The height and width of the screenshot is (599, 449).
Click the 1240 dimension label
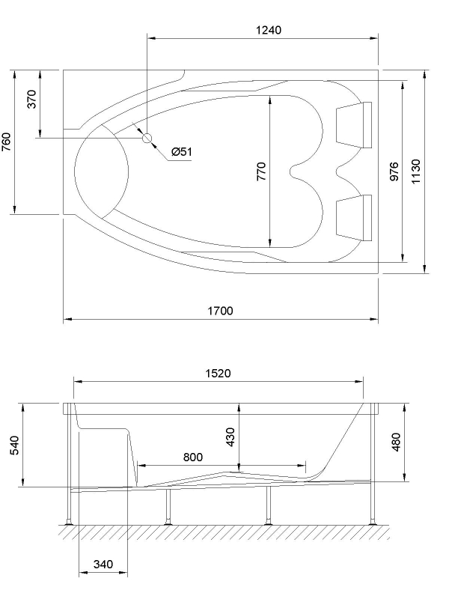(x=268, y=30)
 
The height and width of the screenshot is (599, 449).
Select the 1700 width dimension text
(x=220, y=311)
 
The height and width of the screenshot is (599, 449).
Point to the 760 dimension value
(x=7, y=142)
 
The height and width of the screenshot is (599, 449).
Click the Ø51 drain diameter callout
(x=182, y=152)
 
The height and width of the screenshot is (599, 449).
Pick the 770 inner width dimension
(x=261, y=171)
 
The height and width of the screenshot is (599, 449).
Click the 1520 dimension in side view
(x=218, y=372)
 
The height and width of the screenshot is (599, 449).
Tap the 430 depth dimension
(x=230, y=437)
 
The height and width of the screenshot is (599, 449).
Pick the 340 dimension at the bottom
(x=104, y=565)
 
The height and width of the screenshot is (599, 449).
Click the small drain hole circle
(x=147, y=139)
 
